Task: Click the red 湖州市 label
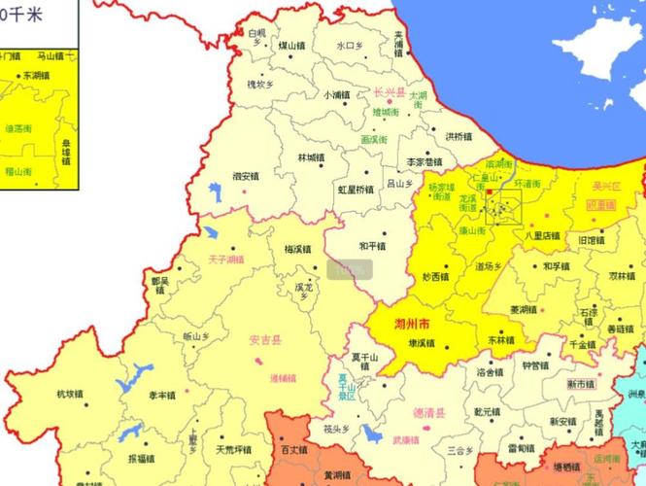413,322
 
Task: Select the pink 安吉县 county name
264,340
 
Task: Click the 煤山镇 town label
291,45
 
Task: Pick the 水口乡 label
350,45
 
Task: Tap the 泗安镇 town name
246,176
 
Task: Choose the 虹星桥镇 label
355,190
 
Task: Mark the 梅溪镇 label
297,249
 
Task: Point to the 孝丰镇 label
162,396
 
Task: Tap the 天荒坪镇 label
233,449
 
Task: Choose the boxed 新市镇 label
583,384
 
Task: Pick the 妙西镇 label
436,277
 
